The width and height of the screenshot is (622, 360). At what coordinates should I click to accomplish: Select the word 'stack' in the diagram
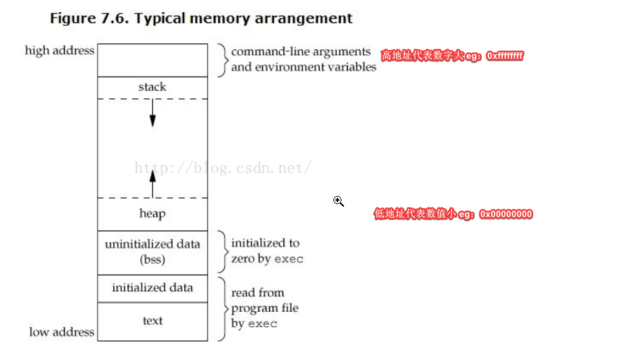152,87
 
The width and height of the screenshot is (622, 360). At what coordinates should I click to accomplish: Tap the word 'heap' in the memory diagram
152,214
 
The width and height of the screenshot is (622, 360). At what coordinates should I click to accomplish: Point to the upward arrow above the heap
152,183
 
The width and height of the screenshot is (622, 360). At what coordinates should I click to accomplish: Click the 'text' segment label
152,321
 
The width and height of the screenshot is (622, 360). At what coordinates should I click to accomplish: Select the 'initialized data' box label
152,287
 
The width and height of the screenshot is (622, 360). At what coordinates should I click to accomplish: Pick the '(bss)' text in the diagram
152,259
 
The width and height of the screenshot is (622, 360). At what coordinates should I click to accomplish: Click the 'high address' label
60,51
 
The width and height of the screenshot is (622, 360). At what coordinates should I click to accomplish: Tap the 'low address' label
62,332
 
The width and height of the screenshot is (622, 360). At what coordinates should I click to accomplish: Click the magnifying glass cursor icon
338,201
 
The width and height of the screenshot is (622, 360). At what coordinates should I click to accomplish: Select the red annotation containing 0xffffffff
452,56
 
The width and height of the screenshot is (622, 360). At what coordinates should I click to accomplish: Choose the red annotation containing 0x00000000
453,214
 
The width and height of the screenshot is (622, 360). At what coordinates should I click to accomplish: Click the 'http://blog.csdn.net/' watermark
223,168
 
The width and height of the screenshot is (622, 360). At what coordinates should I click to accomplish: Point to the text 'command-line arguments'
301,52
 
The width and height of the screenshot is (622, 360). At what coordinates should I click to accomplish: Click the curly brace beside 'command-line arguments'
222,60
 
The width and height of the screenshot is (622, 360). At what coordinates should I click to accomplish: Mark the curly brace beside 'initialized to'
222,251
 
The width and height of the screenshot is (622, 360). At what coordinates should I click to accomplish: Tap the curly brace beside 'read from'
222,308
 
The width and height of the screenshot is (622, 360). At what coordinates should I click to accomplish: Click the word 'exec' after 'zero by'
289,259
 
